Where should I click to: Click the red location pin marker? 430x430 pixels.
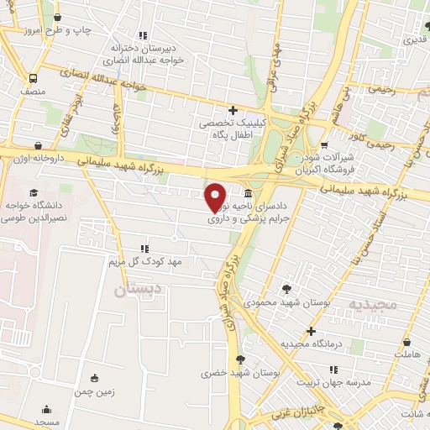pyautogui.click(x=217, y=197)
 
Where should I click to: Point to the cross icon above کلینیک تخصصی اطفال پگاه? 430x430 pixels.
pyautogui.click(x=233, y=110)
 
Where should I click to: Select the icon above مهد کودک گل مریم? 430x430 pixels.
pyautogui.click(x=144, y=249)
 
